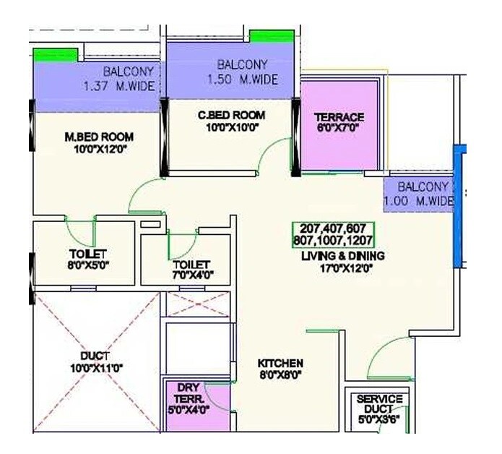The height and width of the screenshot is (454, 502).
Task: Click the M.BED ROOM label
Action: point(99,137)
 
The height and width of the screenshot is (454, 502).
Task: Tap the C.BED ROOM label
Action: point(231,115)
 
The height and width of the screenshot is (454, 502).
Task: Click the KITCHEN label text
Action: point(281,363)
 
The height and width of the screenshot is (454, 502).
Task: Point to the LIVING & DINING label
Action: point(343,256)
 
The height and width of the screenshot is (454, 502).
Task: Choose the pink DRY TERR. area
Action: point(189,398)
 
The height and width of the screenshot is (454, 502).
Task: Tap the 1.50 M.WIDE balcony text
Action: point(242,81)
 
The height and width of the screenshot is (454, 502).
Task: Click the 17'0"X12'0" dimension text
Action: point(343,268)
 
